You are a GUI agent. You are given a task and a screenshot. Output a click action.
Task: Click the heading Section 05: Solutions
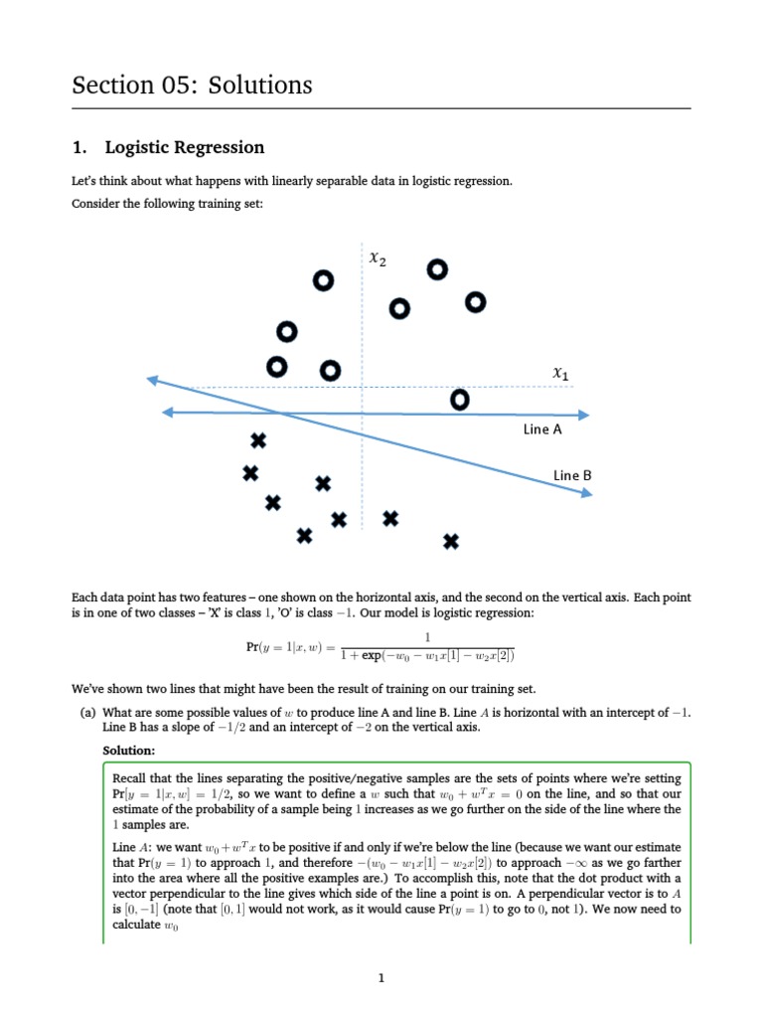click(192, 85)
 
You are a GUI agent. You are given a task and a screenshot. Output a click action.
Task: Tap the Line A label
click(542, 429)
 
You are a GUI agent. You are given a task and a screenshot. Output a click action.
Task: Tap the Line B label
click(572, 475)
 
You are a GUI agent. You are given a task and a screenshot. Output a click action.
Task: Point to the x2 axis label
click(378, 258)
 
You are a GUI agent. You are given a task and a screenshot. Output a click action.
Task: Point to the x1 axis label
click(561, 373)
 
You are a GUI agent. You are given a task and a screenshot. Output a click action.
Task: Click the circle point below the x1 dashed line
click(459, 400)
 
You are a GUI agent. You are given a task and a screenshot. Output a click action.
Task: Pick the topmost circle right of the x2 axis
click(437, 269)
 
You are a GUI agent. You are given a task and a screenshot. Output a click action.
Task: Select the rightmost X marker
click(451, 541)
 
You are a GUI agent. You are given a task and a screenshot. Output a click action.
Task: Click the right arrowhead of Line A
click(586, 414)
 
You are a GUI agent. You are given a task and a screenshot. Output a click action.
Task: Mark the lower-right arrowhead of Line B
click(586, 491)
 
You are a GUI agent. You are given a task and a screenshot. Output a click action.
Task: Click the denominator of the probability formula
click(427, 656)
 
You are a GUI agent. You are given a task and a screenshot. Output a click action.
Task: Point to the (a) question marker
click(87, 713)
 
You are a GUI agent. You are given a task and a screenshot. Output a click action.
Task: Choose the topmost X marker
click(258, 439)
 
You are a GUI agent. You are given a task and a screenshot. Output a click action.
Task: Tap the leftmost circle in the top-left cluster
click(277, 368)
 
